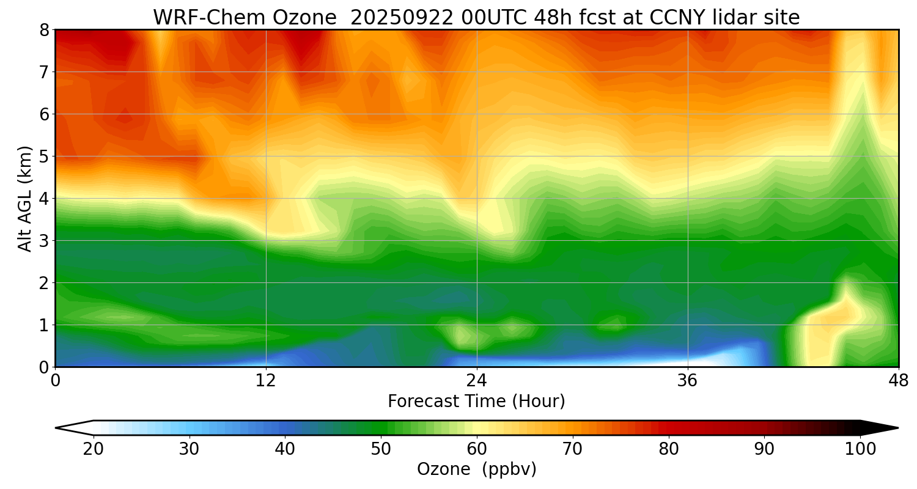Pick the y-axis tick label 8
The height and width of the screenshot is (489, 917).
pos(45,30)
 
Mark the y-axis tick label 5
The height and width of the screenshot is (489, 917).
pos(45,156)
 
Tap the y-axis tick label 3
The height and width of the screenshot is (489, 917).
pos(45,241)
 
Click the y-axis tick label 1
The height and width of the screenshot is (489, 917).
pos(45,325)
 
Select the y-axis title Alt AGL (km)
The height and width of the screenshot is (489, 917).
pos(25,199)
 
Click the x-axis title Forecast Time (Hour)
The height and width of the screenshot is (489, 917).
pos(476,402)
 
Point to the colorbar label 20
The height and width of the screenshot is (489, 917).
pos(94,449)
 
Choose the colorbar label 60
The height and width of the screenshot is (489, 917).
pos(477,449)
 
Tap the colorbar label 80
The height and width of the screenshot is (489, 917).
pos(669,449)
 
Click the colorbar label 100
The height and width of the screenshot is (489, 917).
pos(860,449)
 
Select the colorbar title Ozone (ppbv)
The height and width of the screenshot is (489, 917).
pos(476,469)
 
